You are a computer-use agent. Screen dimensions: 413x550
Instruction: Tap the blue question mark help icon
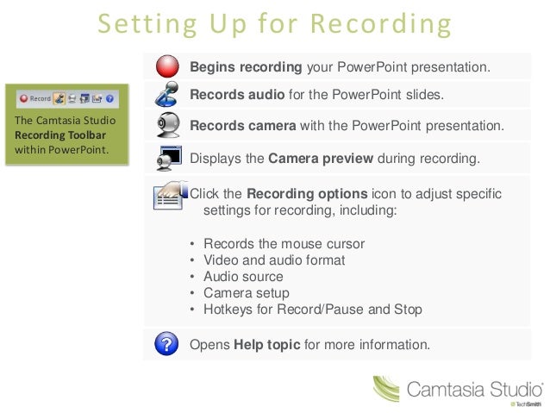tap(167, 345)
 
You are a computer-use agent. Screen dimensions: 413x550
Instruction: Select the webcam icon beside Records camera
tap(167, 124)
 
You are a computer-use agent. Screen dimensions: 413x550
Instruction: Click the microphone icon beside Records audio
tap(168, 94)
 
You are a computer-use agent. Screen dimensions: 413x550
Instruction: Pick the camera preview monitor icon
tap(168, 157)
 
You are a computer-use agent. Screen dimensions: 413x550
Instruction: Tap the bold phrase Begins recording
tap(246, 66)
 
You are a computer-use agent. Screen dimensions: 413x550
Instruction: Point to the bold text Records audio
tap(231, 94)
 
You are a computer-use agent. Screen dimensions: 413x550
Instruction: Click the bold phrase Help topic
tap(267, 345)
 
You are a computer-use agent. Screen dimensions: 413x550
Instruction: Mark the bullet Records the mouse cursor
tap(284, 244)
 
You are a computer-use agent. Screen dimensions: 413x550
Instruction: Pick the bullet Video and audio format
tap(274, 260)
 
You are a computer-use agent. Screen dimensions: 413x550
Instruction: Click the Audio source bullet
tap(243, 277)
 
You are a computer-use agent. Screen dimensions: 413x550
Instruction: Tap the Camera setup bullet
tap(246, 293)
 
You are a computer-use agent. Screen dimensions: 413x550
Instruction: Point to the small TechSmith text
tap(528, 404)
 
